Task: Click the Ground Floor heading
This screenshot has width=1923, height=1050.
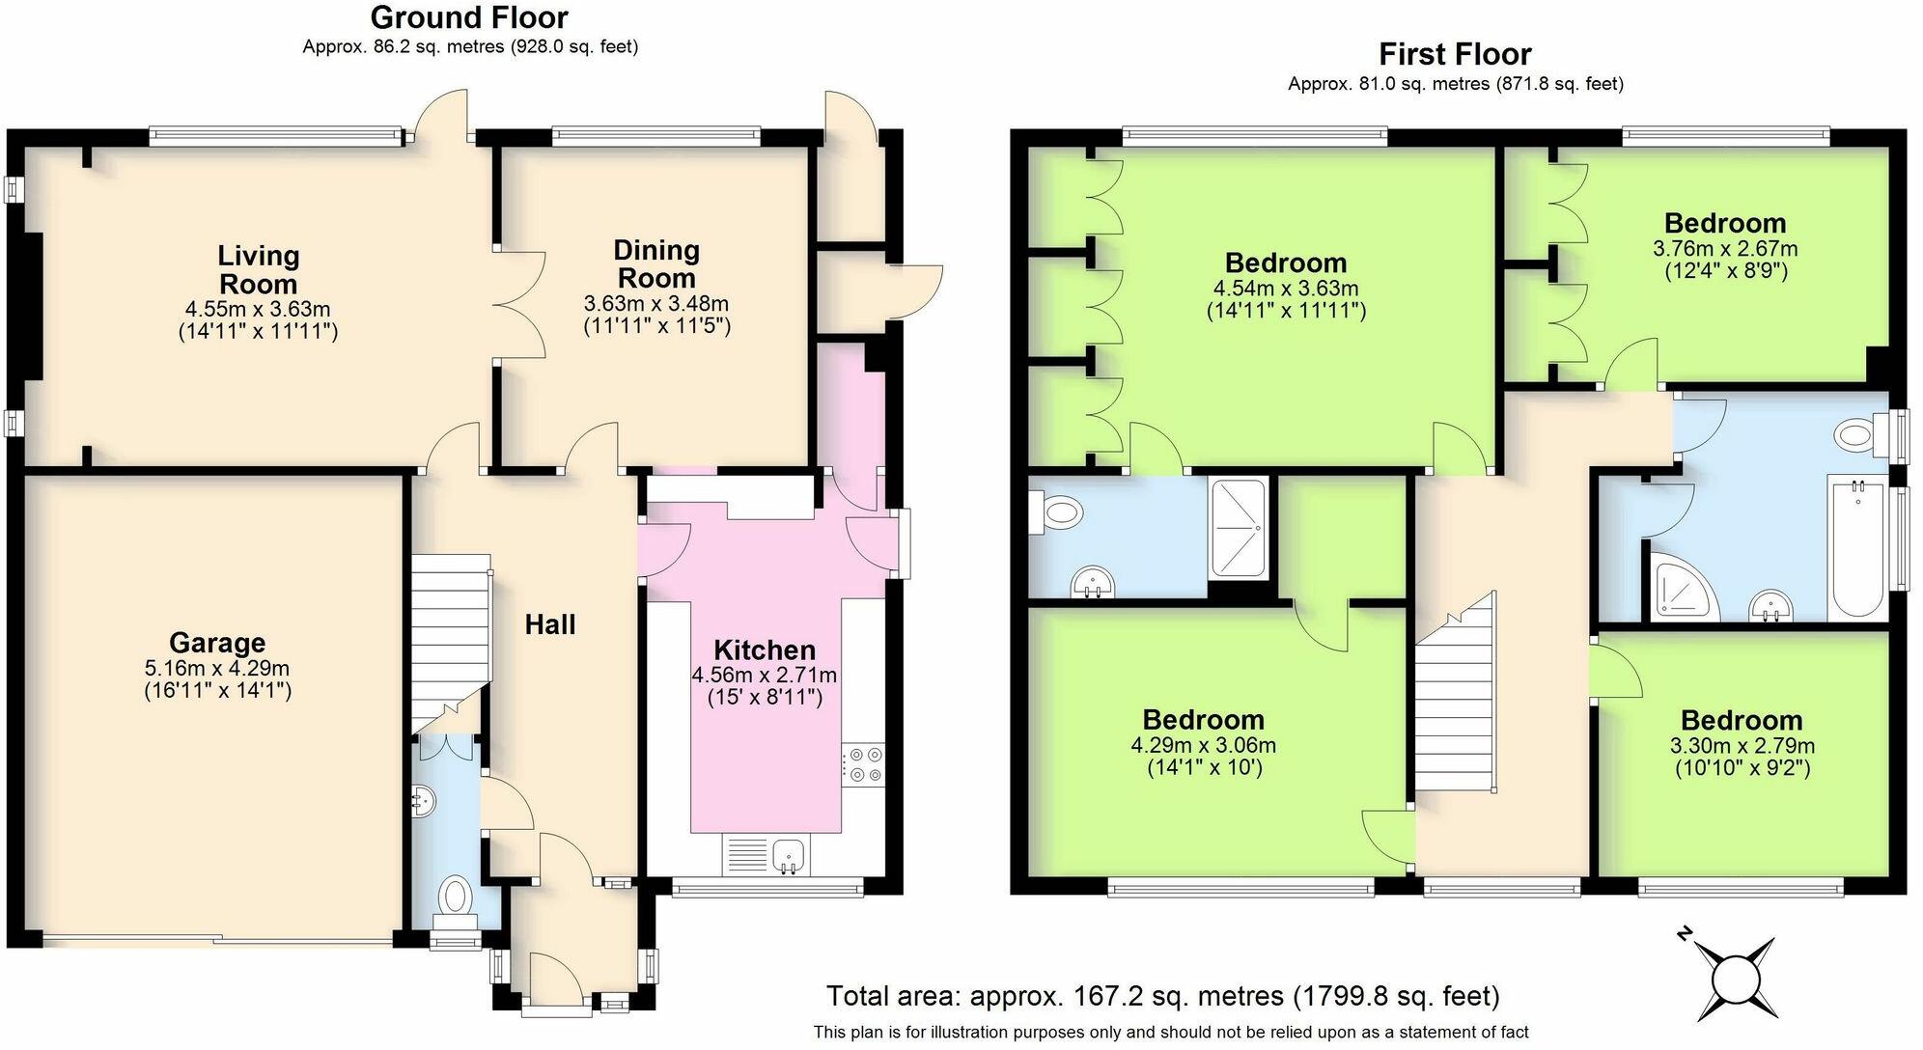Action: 469,17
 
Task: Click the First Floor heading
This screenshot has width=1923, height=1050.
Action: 1455,54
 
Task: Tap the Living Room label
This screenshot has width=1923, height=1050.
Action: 258,269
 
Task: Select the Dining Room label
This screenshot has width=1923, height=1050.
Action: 656,263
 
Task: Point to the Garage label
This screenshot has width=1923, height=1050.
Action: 217,643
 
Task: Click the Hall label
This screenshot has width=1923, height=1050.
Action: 550,624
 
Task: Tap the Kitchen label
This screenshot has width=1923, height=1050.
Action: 765,649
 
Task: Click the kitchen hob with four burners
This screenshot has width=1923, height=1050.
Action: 862,763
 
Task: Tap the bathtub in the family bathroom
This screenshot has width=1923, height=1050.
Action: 1858,550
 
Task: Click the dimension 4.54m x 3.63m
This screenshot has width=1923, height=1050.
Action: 1286,289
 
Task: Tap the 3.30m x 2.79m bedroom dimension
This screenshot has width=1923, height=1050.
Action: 1742,746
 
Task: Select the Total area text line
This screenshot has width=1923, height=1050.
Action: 1163,995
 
